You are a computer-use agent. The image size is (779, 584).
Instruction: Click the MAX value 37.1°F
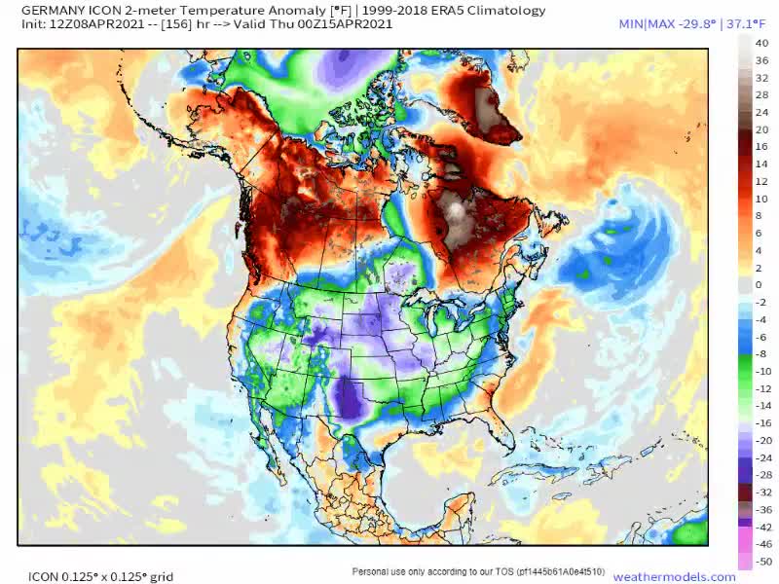click(x=749, y=23)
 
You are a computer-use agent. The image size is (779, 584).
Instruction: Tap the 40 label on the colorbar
click(x=761, y=43)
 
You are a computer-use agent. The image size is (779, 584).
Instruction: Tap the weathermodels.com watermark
click(x=674, y=576)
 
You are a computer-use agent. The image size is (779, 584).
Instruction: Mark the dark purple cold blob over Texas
click(x=347, y=399)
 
